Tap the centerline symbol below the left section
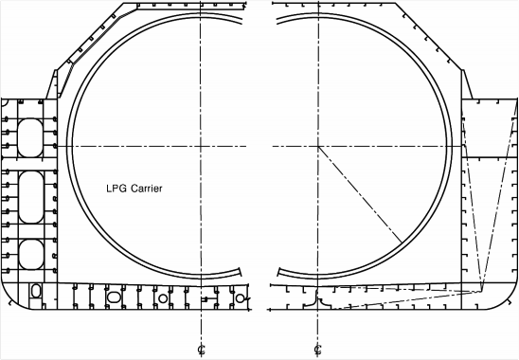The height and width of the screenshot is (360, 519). point(201,350)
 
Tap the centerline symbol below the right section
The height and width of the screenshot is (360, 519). point(318,350)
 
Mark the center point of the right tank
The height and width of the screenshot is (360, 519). point(318,146)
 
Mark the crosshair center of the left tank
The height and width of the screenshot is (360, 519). point(201,146)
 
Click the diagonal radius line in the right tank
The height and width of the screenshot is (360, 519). point(360,194)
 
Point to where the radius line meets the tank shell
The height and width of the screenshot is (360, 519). point(403,243)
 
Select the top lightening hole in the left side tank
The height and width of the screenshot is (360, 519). point(30,137)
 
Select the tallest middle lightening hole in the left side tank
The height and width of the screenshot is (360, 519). point(31,197)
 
